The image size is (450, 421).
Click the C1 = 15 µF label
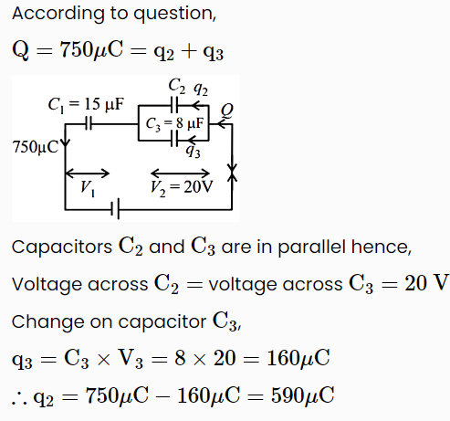86,104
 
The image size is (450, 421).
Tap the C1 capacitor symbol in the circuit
89,124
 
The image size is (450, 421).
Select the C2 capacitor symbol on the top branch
174,105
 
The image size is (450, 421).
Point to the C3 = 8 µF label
174,123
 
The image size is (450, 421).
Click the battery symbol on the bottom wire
115,209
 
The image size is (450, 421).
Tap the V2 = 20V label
182,187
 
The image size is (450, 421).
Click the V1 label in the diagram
88,188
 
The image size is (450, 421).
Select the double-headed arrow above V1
88,174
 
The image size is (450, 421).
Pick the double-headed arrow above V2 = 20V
181,174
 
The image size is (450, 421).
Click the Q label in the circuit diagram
227,111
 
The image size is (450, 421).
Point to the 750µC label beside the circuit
35,147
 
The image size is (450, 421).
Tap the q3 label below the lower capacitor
193,151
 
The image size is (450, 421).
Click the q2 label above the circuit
201,89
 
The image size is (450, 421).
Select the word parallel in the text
311,247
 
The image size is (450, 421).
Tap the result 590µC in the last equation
303,395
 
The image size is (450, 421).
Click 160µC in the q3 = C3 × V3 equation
298,358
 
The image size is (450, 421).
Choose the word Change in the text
47,322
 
